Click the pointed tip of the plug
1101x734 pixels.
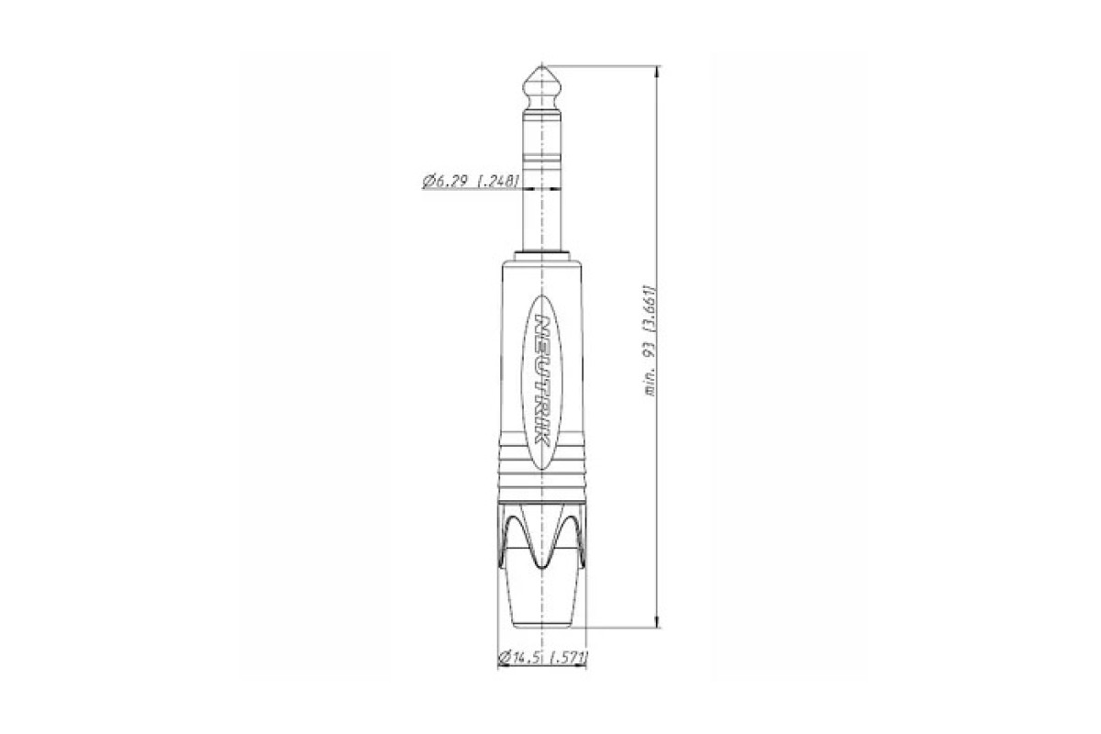(x=541, y=66)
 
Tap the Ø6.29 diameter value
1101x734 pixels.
(x=444, y=182)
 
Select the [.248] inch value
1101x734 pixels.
(x=498, y=182)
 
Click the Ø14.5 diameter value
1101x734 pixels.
(x=521, y=656)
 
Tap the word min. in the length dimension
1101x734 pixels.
(x=651, y=384)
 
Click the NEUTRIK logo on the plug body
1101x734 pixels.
(x=541, y=381)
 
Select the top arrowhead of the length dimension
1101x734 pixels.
(x=658, y=72)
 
